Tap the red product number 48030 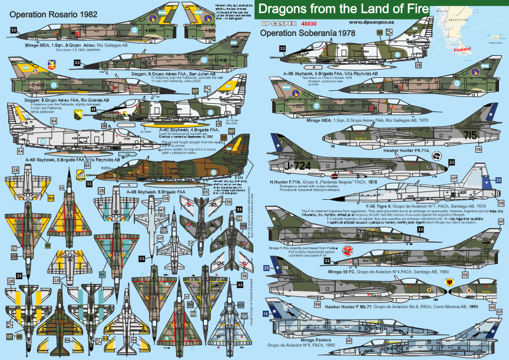310,23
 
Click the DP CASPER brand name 278,23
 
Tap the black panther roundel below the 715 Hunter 437,156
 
